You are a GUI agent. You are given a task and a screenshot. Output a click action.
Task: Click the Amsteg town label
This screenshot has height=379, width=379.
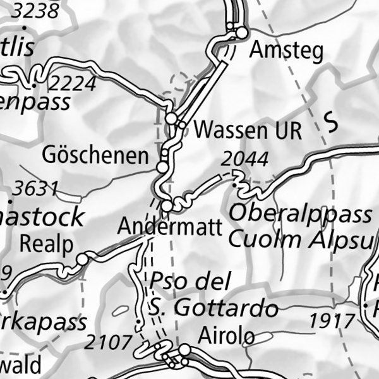click(x=286, y=51)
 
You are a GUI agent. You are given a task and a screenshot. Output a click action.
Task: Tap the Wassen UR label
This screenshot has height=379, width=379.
click(x=248, y=131)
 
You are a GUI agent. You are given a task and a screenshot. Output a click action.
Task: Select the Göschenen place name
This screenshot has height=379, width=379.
click(x=96, y=155)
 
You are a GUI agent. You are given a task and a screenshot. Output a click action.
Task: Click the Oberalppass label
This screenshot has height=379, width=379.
click(x=300, y=214)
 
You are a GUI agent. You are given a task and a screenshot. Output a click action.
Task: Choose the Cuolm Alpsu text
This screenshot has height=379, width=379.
click(x=300, y=239)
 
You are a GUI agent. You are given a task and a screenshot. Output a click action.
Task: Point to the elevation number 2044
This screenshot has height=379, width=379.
click(x=244, y=160)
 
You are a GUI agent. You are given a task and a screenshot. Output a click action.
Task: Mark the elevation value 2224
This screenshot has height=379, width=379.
click(x=73, y=83)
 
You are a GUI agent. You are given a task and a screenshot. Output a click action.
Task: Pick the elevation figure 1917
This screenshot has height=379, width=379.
click(x=332, y=321)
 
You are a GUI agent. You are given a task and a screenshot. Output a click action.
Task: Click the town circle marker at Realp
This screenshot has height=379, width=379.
click(x=82, y=260)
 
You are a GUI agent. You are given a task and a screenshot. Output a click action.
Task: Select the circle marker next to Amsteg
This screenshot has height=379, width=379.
click(x=241, y=33)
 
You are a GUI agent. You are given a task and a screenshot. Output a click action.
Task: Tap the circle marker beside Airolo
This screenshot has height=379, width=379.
click(x=184, y=349)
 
